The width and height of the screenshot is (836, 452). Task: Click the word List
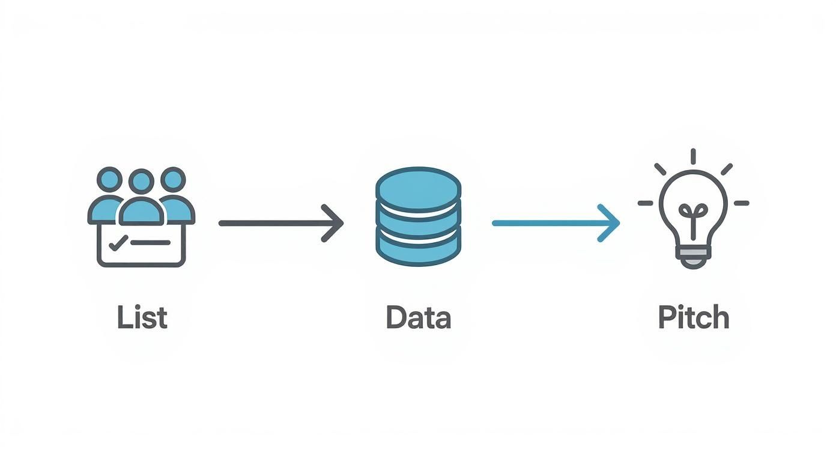(142, 317)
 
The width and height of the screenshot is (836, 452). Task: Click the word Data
(418, 317)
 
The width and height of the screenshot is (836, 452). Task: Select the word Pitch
(694, 317)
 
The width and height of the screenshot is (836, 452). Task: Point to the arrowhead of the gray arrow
(334, 223)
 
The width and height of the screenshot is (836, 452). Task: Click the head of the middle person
(141, 180)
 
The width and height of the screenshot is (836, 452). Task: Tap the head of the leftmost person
(109, 179)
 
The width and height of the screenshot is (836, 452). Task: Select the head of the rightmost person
(173, 179)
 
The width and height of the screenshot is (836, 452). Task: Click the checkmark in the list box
(117, 243)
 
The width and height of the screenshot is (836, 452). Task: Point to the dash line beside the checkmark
(150, 243)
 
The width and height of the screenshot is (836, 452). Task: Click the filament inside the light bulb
(693, 216)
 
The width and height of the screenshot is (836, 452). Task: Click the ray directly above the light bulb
(693, 156)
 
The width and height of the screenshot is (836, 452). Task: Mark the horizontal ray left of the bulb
(645, 203)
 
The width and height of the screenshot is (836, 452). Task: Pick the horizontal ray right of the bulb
(742, 203)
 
